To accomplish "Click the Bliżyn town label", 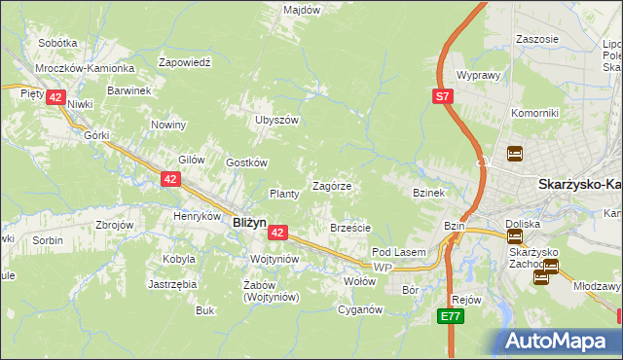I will coord(249,222).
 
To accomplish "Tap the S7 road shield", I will coord(443,95).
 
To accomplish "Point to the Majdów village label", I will coord(302,10).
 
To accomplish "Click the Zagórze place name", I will coord(331,185).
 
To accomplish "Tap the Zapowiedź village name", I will coord(192,60).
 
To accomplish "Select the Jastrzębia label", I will coord(172,284).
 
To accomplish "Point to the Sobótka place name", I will coord(57,43).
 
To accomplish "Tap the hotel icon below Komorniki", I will coord(514,153).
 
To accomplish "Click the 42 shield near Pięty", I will coord(55,97).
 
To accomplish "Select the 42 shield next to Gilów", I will coord(170,179).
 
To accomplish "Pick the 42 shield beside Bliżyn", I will coord(277,233).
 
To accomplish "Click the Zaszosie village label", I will coord(538,39).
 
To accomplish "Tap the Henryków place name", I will coord(198,215).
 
